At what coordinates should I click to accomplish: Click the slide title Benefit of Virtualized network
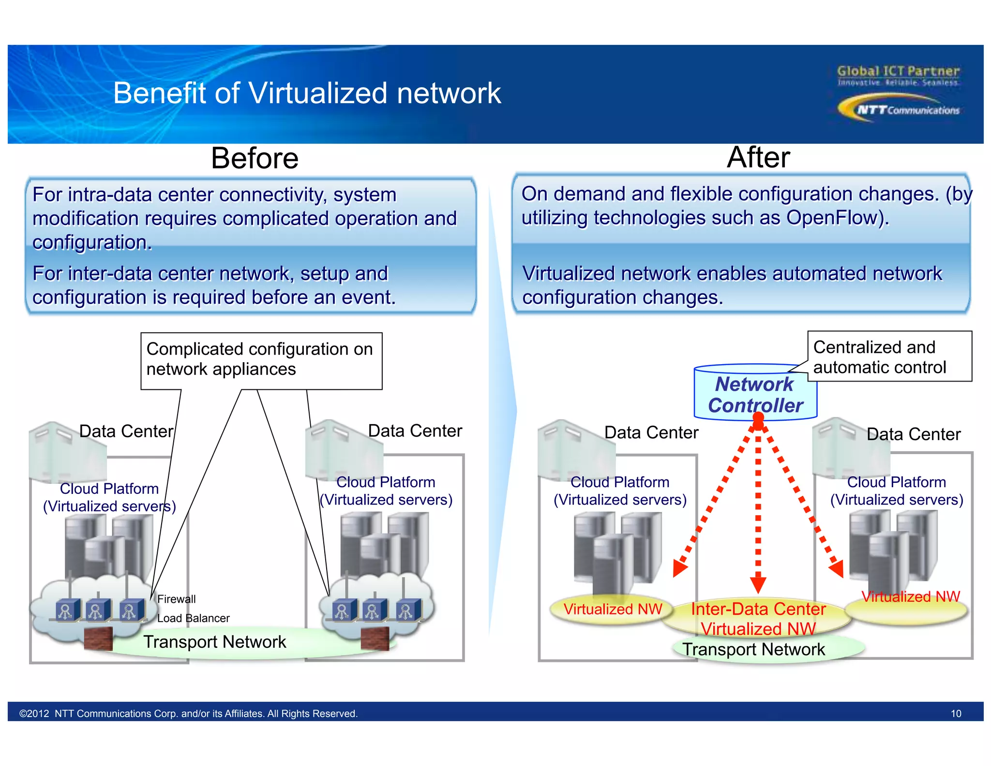click(307, 93)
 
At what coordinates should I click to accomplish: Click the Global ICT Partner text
click(898, 71)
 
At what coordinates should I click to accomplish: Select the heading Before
click(255, 158)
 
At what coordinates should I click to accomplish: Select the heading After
click(758, 157)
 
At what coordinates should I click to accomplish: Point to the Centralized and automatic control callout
click(889, 357)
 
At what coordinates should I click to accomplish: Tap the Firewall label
click(177, 599)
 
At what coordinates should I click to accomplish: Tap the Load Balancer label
click(193, 618)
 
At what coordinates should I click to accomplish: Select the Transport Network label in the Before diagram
click(214, 642)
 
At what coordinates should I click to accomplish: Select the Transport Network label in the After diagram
click(753, 649)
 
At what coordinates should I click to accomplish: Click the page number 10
click(956, 714)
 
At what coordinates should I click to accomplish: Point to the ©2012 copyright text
click(188, 714)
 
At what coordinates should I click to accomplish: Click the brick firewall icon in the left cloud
click(98, 639)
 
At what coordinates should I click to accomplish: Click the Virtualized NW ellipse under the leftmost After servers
click(612, 609)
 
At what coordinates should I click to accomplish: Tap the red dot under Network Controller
click(758, 419)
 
